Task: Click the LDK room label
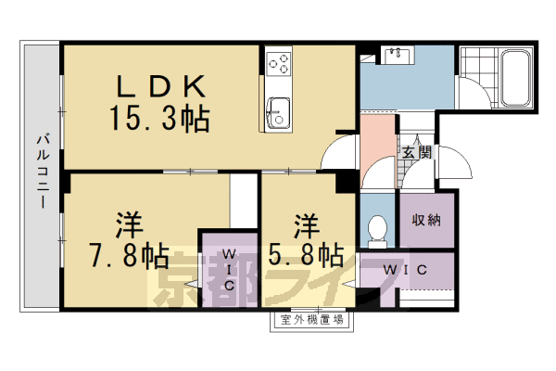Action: [159, 86]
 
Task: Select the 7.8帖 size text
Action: [117, 256]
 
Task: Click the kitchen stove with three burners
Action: [279, 61]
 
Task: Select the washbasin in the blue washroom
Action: [400, 54]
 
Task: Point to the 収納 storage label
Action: [426, 220]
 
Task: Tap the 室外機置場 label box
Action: [311, 322]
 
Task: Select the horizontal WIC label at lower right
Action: [406, 271]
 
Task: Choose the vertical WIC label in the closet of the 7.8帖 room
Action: [229, 270]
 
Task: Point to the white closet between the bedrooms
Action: [243, 198]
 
